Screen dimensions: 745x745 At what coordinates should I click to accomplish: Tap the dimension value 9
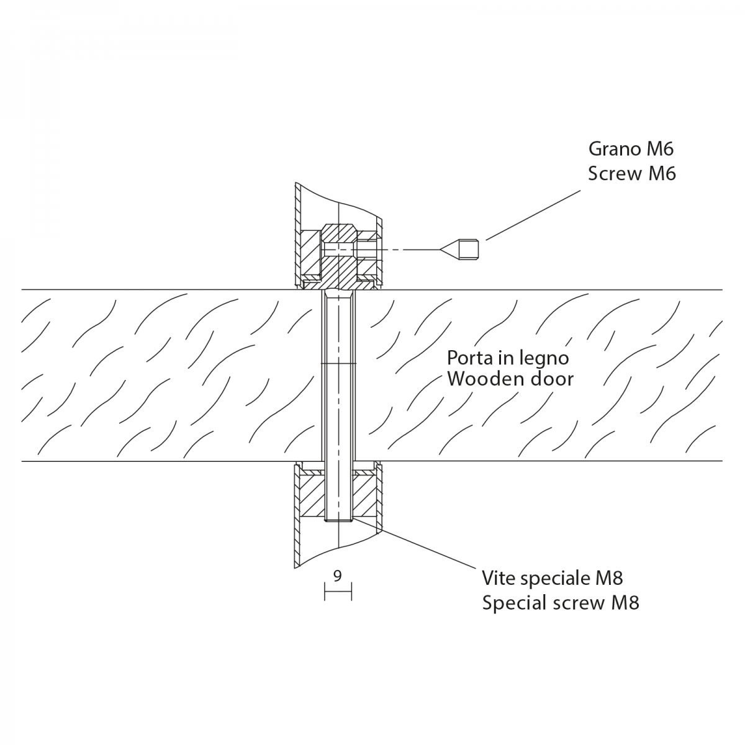click(337, 576)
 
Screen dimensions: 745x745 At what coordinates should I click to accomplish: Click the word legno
click(543, 359)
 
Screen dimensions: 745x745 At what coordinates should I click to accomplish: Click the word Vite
click(498, 578)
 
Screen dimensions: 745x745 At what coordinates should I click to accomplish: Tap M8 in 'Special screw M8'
click(625, 602)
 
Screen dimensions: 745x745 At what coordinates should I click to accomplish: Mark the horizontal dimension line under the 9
click(338, 591)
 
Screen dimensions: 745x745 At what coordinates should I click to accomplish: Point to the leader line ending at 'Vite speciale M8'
click(428, 547)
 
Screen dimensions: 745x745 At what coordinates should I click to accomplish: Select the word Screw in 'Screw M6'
click(615, 173)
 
